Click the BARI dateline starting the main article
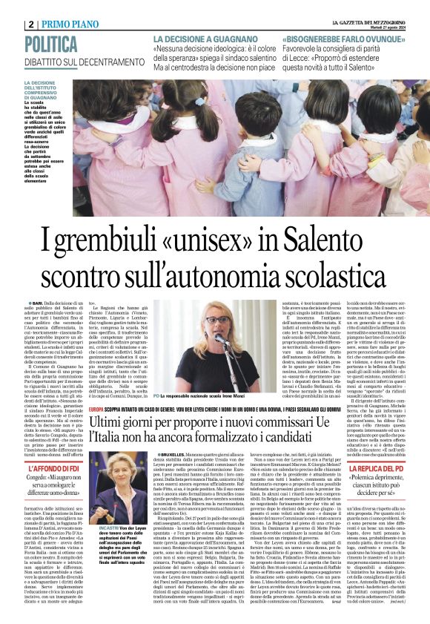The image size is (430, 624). click(37, 303)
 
